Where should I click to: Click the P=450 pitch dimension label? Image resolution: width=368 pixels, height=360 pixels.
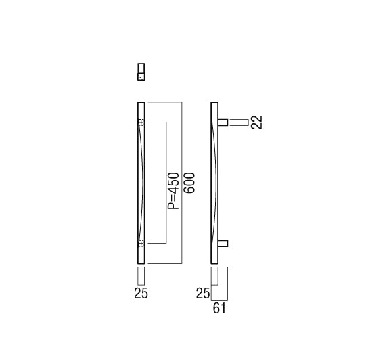point(173,190)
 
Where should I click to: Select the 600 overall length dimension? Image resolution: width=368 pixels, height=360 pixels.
point(189,183)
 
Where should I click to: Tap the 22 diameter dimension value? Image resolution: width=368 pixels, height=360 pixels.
point(256,122)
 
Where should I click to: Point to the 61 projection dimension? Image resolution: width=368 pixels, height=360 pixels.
point(219,308)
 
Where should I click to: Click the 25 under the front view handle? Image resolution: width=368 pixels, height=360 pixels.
point(141,293)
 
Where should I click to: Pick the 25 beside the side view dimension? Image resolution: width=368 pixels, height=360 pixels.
point(203,293)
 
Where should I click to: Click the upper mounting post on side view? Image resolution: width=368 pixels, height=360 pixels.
point(223,122)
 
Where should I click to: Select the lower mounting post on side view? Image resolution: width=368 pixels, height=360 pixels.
point(223,244)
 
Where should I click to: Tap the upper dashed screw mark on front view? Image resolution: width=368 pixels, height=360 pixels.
point(141,122)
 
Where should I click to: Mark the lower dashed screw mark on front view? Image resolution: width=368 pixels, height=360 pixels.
point(141,244)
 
